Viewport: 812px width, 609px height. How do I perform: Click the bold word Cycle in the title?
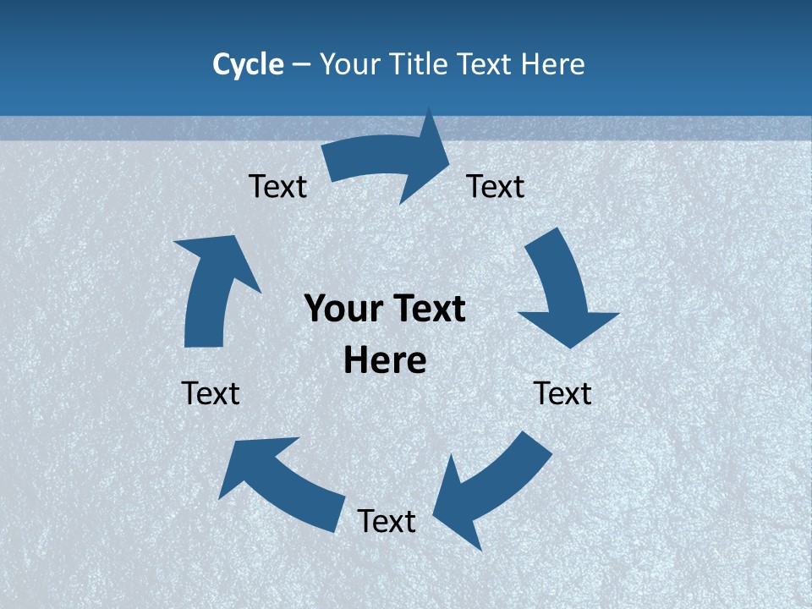click(x=248, y=64)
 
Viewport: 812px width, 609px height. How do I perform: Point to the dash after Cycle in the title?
click(x=301, y=65)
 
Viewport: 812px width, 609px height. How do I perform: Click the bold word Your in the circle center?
click(x=338, y=309)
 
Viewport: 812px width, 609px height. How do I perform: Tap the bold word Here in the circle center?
click(x=385, y=360)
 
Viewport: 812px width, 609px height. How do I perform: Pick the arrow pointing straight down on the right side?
click(x=562, y=292)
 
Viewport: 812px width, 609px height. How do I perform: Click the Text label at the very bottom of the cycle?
click(x=387, y=521)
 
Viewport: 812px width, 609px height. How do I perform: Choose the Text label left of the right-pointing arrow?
click(x=277, y=186)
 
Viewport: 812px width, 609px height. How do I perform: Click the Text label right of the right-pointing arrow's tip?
click(x=496, y=186)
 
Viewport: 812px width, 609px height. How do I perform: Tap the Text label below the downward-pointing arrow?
click(x=562, y=393)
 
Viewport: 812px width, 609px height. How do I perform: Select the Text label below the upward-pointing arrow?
click(x=211, y=393)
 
